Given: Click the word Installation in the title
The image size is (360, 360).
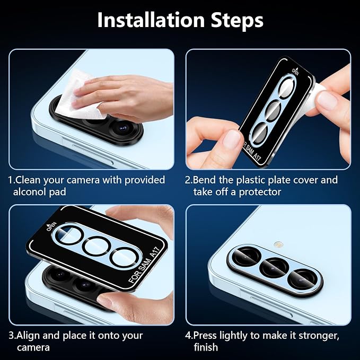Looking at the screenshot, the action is (151, 20).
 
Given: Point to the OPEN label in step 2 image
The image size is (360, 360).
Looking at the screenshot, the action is (295, 71).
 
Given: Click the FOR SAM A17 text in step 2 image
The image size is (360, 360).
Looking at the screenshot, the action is (252, 152).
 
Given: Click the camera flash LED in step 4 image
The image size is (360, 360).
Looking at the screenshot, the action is (278, 244).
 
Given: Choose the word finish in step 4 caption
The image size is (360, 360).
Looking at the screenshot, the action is (206, 347).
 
